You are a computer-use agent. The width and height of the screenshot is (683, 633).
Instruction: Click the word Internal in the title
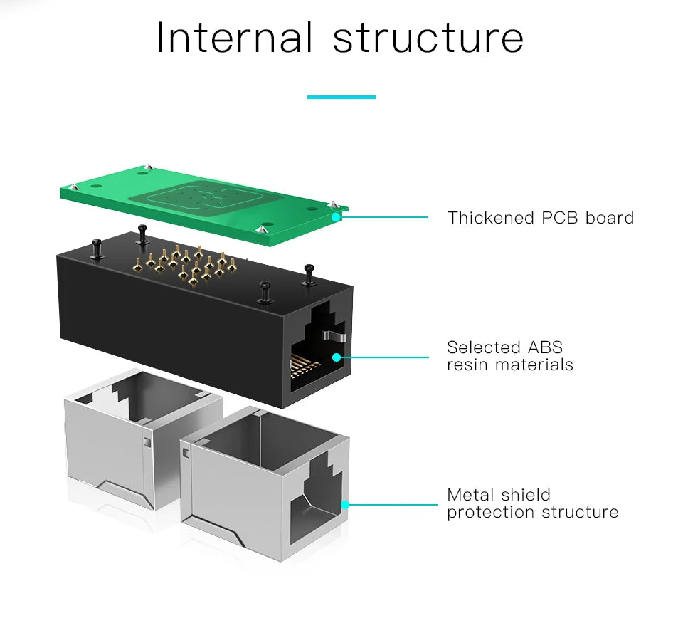coord(234,38)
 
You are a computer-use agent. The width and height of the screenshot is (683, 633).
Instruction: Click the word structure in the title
coord(428,39)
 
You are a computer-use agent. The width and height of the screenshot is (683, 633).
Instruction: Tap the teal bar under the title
coord(341,97)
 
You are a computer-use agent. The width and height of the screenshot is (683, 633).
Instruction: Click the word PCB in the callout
coord(561,218)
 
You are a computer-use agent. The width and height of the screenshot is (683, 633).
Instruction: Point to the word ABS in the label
coord(544,347)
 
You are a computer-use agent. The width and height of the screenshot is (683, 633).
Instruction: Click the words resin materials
coord(509,365)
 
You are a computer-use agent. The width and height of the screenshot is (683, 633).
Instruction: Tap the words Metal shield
coord(498,495)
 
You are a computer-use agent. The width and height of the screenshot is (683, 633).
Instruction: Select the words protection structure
coord(532,512)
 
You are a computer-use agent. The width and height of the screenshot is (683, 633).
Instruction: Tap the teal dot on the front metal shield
coord(345,505)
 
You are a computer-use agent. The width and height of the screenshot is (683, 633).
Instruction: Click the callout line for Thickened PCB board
coord(388,217)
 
